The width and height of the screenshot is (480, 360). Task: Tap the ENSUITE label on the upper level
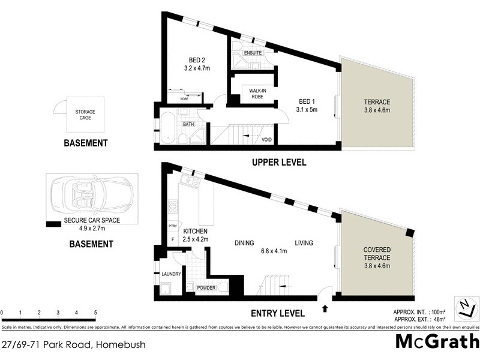pyautogui.click(x=253, y=53)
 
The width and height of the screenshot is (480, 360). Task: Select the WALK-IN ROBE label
pyautogui.click(x=253, y=92)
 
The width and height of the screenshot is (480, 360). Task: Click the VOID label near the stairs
pyautogui.click(x=267, y=140)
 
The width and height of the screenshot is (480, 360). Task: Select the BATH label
pyautogui.click(x=188, y=125)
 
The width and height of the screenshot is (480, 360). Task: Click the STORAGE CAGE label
pyautogui.click(x=85, y=116)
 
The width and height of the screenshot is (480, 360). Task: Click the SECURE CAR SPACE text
pyautogui.click(x=92, y=220)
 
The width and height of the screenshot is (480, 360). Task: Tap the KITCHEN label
pyautogui.click(x=195, y=231)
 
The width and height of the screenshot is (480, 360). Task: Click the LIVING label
pyautogui.click(x=304, y=243)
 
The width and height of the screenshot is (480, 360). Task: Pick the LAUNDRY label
pyautogui.click(x=171, y=274)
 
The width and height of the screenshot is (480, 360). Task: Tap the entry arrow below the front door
pyautogui.click(x=325, y=310)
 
